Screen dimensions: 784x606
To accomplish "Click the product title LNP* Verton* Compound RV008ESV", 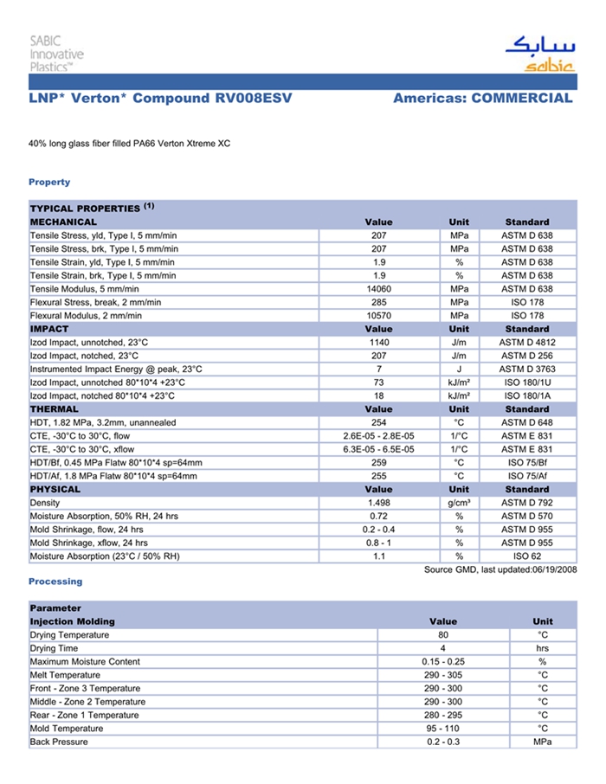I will [160, 99].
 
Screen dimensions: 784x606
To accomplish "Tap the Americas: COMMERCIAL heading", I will [482, 99].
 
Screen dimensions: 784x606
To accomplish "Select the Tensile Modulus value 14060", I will [378, 289].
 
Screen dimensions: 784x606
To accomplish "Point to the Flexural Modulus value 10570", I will [378, 316].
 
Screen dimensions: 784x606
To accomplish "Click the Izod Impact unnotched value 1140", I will [378, 343].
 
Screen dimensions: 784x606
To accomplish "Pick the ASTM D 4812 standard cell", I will [526, 343].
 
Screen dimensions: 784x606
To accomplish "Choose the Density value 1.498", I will [378, 503].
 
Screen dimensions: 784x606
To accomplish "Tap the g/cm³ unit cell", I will [459, 503].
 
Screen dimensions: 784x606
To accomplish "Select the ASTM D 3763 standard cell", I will [526, 369].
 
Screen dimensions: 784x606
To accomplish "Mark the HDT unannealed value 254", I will [378, 422].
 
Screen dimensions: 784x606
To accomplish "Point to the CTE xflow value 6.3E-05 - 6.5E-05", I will [378, 449].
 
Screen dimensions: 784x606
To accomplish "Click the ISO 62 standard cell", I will [526, 556].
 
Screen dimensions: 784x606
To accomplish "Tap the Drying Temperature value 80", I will [442, 635].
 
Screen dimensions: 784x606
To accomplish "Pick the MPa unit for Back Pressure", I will [542, 742].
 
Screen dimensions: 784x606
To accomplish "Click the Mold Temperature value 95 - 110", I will [442, 729].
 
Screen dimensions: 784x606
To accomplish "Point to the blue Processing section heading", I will [55, 582].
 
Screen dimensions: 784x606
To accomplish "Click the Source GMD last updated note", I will [500, 569].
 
